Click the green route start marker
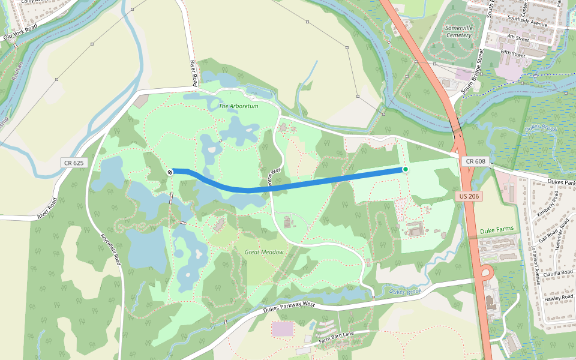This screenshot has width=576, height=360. point(406,169)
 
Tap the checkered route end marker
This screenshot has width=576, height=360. point(170,172)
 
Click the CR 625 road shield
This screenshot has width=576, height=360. point(74,163)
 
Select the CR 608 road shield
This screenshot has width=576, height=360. point(475,161)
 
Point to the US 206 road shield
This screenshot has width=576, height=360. point(469,196)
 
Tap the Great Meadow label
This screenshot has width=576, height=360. point(264,252)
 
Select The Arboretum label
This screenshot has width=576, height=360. point(238,106)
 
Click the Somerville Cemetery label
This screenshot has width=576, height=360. point(459,32)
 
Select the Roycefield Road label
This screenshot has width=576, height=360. point(112,250)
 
